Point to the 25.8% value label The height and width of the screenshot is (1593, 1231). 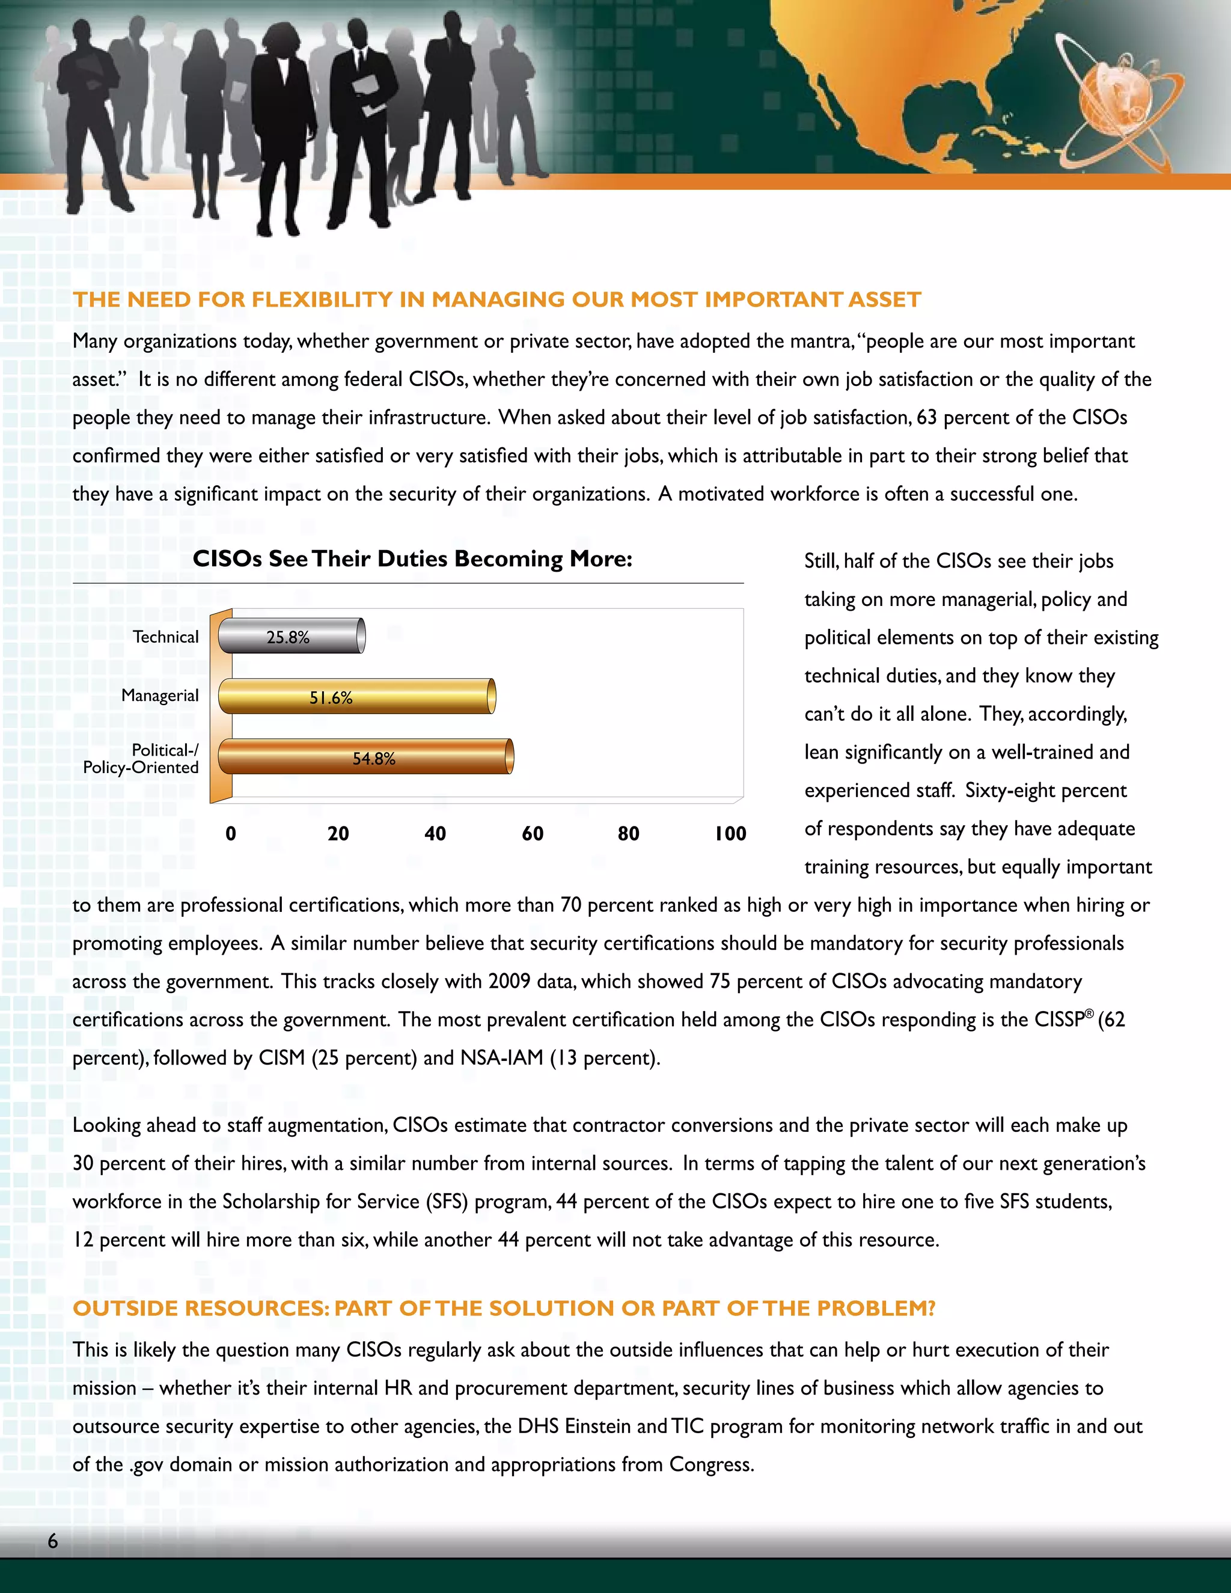coord(287,637)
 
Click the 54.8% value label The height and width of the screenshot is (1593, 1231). coord(373,759)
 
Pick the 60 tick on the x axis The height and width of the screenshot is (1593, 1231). coord(533,834)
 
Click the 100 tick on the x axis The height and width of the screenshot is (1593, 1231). coord(730,834)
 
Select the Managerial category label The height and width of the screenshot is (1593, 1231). coord(160,695)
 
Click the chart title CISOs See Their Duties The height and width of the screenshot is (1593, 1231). coord(412,558)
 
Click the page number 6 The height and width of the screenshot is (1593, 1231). coord(52,1541)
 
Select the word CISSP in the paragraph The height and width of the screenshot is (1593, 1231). coord(1059,1020)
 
